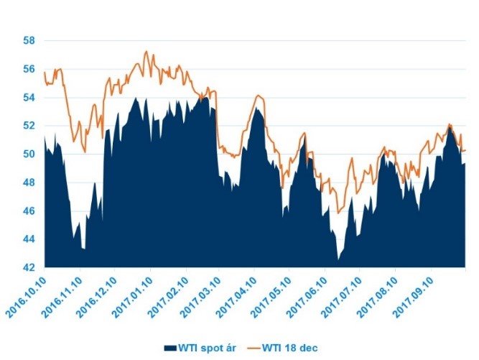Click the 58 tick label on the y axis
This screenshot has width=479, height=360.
[x=30, y=40]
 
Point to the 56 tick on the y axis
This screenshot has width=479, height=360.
[x=30, y=69]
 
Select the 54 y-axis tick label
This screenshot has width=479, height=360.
[x=30, y=97]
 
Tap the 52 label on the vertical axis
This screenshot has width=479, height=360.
[x=30, y=126]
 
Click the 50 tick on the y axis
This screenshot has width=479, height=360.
[x=30, y=154]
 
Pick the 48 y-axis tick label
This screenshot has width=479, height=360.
[x=30, y=183]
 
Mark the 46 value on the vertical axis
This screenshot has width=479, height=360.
[x=30, y=211]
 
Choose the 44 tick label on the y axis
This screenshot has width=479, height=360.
[x=30, y=239]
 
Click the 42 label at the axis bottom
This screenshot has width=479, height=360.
[x=30, y=267]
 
